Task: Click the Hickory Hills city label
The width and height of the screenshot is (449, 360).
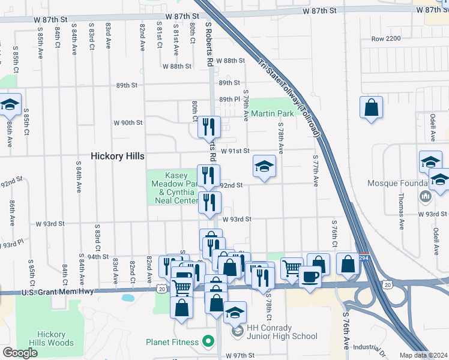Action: coord(117,156)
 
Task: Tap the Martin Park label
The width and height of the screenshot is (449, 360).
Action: coord(272,113)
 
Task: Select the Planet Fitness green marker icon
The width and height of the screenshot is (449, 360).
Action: coord(208,342)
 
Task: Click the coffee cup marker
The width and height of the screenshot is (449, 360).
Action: coord(310,277)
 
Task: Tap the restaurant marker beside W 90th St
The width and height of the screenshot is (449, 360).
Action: coord(209,127)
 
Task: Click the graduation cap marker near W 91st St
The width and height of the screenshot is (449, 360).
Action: coord(264,166)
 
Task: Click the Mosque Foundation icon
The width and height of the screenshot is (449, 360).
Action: coord(426,196)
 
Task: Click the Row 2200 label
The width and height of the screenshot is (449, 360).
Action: coord(385,39)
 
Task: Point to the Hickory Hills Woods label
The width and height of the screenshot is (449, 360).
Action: coord(55,338)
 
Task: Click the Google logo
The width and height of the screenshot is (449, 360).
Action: coord(20,353)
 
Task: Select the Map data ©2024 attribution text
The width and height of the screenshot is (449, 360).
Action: coord(424,355)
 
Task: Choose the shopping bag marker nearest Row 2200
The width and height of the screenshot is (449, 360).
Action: coord(371,108)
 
